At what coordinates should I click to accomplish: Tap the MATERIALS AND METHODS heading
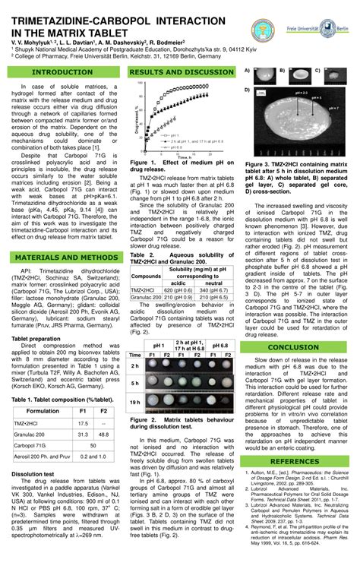62,279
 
